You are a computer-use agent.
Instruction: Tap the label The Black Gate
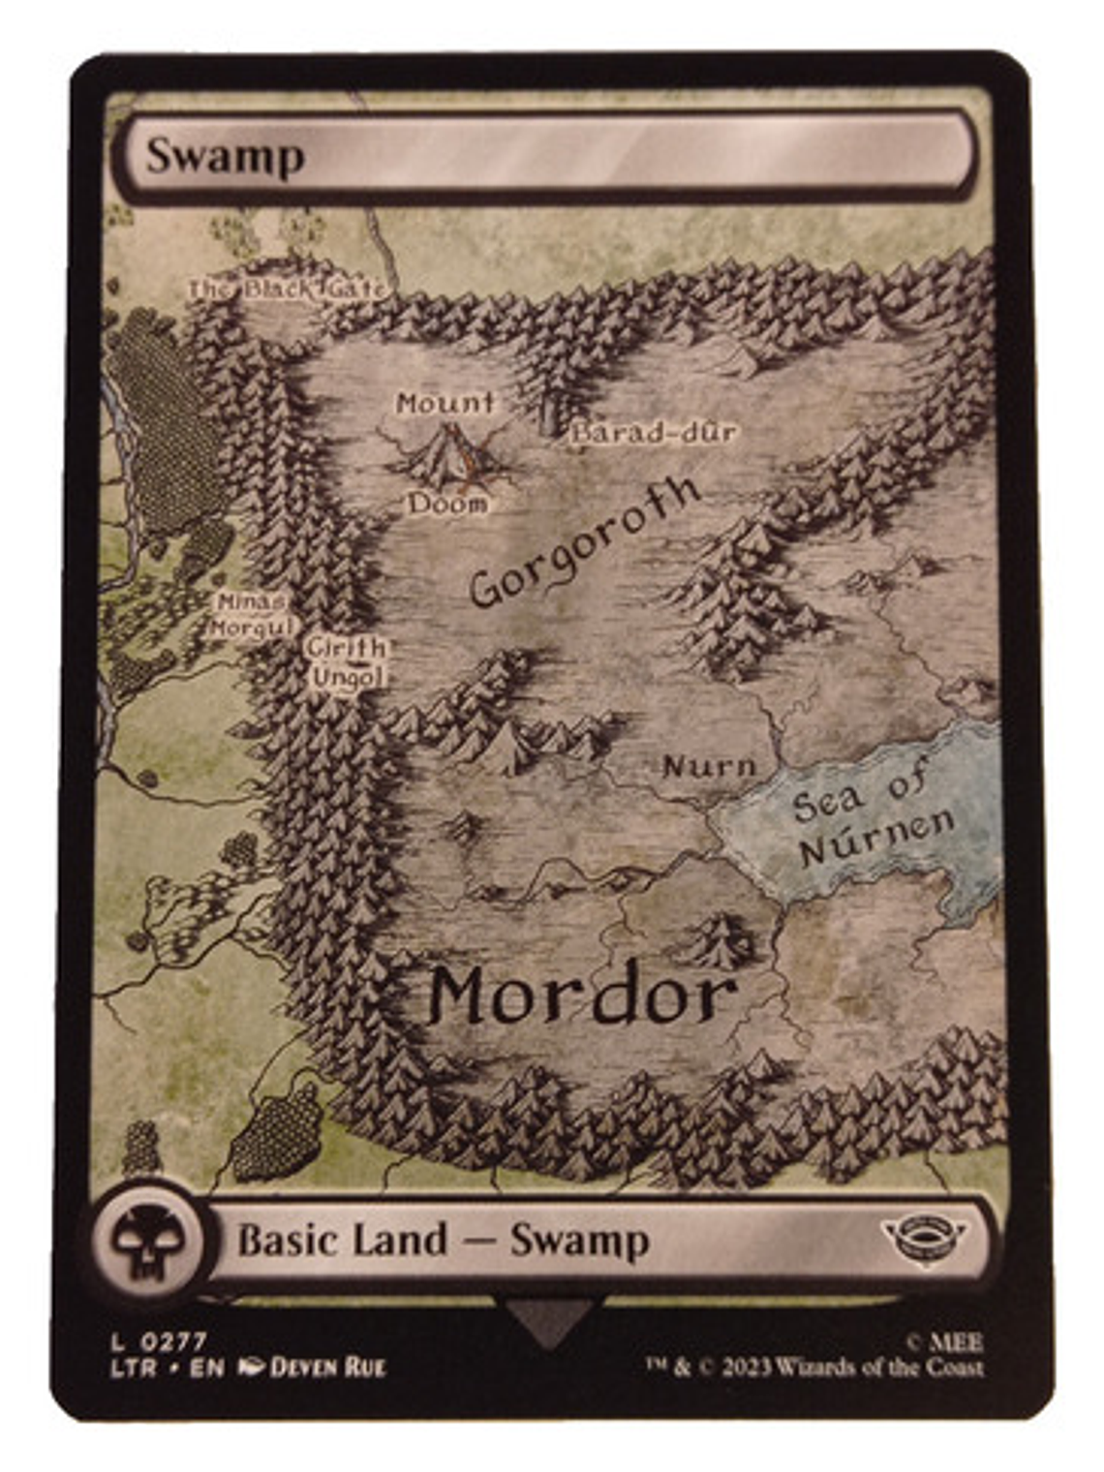(289, 289)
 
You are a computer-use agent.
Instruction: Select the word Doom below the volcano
(447, 504)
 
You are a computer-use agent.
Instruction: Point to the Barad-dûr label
(655, 432)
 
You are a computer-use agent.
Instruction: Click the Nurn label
(710, 767)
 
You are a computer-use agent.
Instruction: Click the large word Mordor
(582, 996)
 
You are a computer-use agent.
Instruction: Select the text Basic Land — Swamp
(444, 1241)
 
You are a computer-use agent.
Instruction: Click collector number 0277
(174, 1342)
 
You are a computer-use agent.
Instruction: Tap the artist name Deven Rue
(327, 1367)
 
